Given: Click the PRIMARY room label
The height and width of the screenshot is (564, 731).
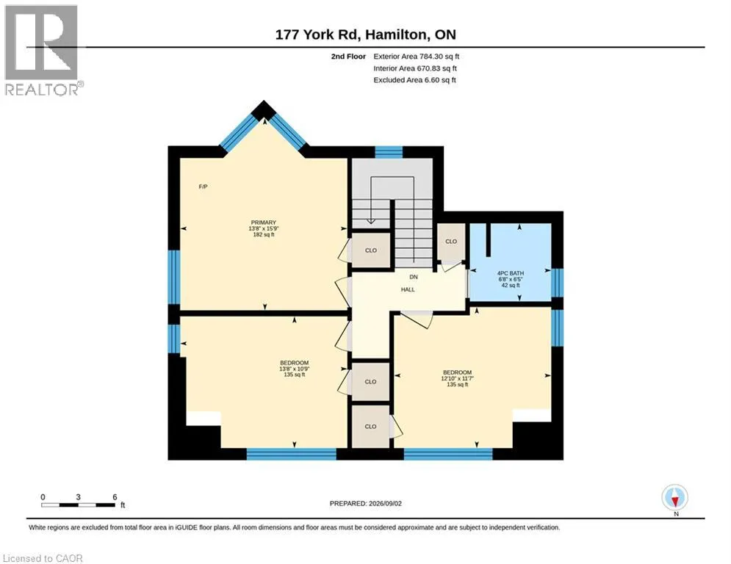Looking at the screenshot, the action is pos(264,223).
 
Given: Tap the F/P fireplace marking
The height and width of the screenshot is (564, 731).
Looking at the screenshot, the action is pos(203,187).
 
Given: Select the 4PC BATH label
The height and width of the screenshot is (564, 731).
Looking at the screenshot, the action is pos(511,273).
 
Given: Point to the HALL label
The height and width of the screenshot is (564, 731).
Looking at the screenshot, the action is pos(408,289).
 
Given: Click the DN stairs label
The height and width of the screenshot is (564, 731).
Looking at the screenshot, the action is pos(414,277).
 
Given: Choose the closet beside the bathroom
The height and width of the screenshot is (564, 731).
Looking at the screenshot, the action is pos(451,242).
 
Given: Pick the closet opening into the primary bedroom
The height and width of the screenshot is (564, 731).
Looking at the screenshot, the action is pos(370,250).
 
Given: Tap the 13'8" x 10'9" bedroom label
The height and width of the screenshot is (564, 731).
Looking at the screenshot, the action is pos(294,369).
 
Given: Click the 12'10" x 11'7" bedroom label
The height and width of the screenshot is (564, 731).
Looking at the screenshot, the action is pos(458,378).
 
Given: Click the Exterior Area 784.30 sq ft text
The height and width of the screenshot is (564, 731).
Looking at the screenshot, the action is pos(417,57).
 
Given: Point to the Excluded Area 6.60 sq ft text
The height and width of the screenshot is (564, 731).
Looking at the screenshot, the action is pos(415,80).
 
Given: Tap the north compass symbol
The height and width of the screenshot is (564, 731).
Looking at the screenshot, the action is pos(675,498).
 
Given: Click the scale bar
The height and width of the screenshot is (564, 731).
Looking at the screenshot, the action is pos(78,505).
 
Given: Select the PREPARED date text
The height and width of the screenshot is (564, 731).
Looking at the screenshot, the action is pos(366,503).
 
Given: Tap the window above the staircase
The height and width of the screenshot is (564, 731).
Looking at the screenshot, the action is pos(389,152).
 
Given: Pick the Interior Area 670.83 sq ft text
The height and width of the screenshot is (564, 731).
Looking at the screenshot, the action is pos(415,68).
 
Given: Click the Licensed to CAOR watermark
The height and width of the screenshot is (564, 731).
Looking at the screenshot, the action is pos(43,558).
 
